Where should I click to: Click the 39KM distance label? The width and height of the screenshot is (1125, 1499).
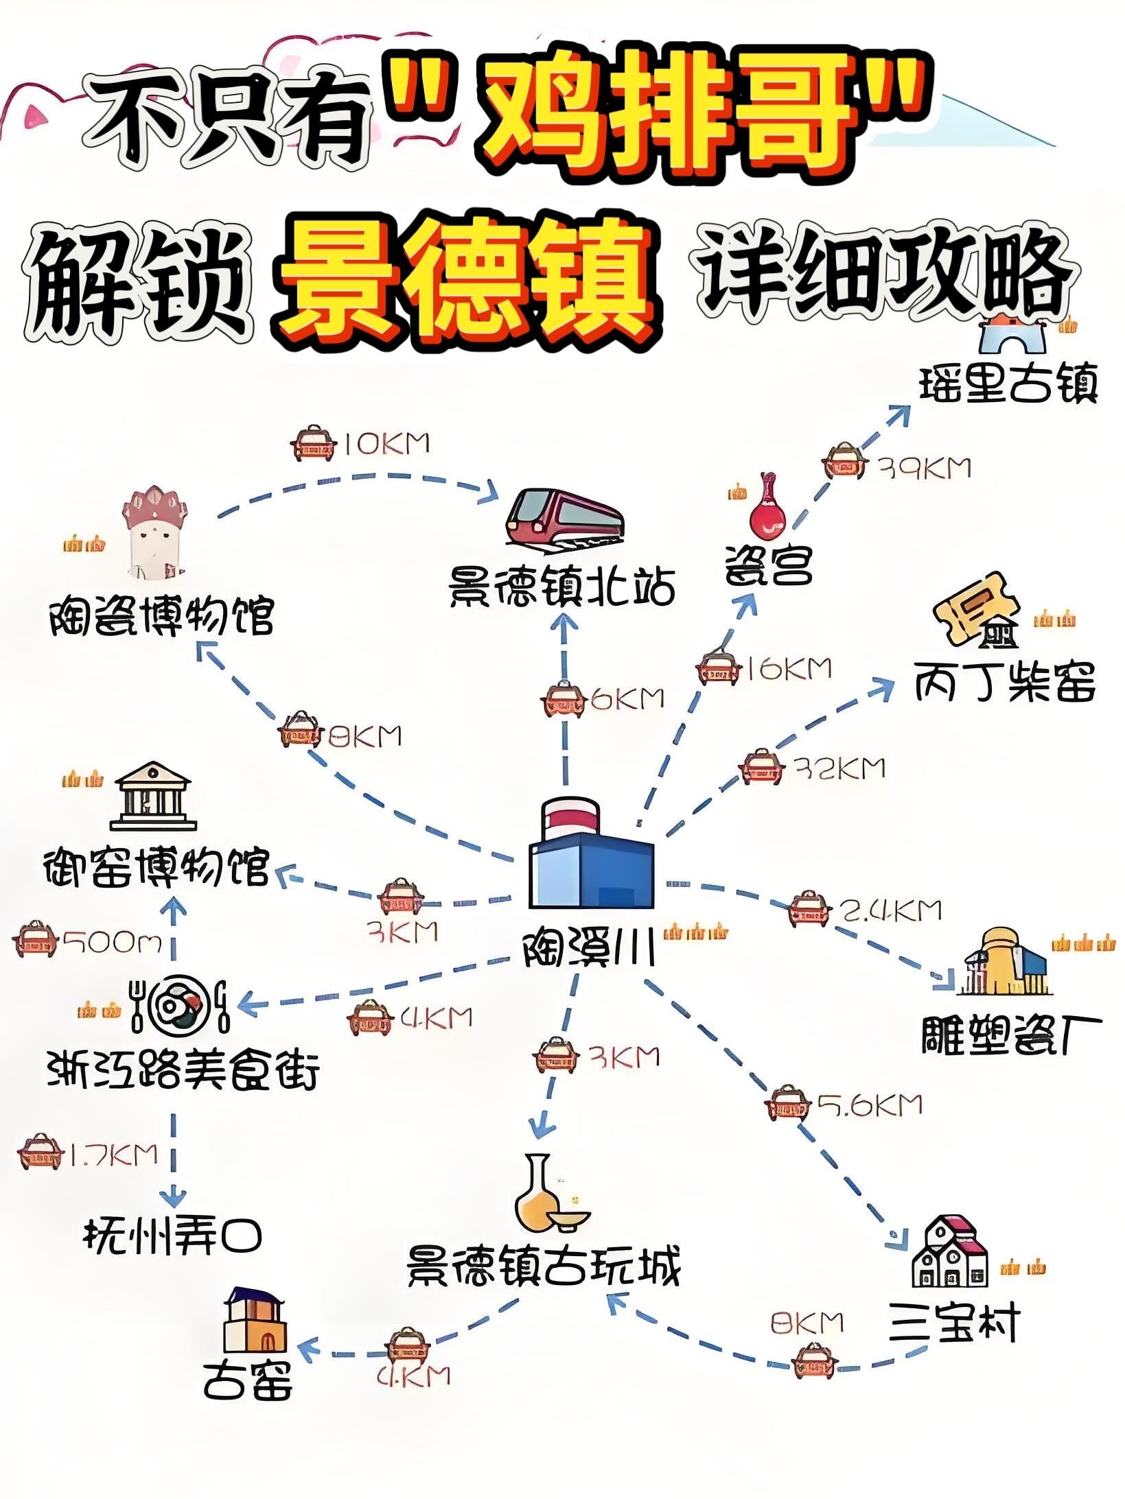tap(926, 469)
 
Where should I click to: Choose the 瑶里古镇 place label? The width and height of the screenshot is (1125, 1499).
tap(1008, 384)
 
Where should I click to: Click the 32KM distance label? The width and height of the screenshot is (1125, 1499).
tap(840, 768)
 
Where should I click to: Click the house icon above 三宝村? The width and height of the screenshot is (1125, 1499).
tap(949, 1251)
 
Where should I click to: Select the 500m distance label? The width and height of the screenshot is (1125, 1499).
tap(113, 943)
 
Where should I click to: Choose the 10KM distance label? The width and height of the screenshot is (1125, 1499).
tap(386, 444)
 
